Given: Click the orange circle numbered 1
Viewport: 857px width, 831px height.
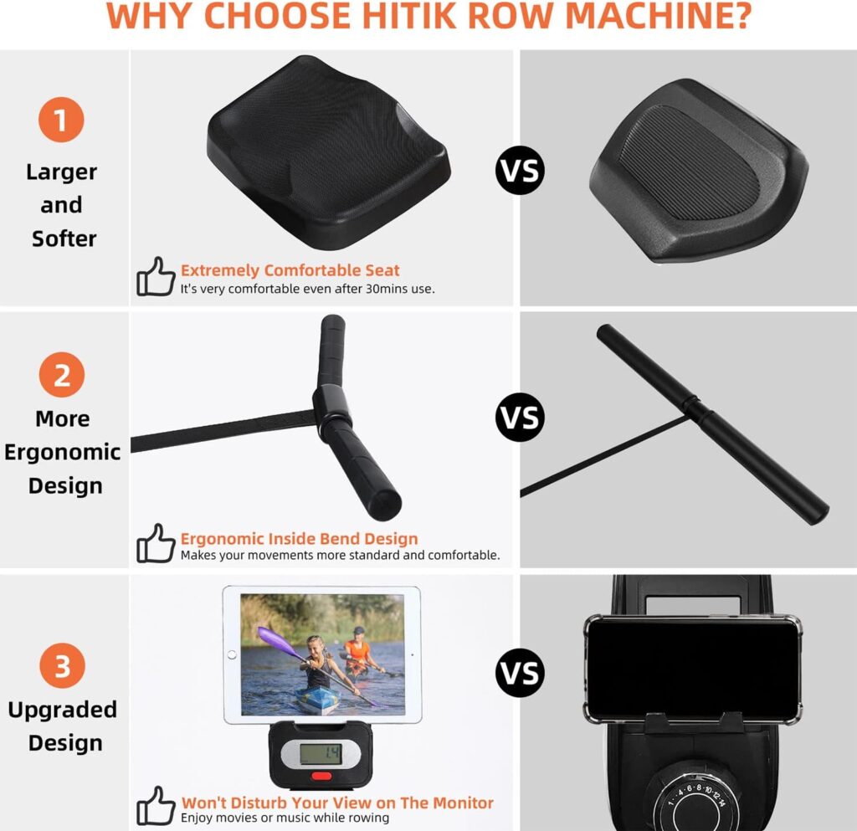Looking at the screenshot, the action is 61,120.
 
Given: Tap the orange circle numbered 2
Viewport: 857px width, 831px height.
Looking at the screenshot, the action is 62,375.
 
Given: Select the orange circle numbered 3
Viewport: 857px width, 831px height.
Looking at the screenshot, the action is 62,665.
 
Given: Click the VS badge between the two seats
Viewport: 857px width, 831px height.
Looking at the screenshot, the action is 521,170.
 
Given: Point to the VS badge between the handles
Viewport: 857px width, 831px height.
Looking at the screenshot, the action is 521,418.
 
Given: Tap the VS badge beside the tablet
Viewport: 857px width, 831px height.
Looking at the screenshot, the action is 521,673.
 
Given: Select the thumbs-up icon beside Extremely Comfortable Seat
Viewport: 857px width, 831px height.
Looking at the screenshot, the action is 156,276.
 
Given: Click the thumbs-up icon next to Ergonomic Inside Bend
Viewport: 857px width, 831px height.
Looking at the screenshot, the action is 156,543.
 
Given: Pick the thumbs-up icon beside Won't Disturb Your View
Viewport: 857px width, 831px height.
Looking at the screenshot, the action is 156,805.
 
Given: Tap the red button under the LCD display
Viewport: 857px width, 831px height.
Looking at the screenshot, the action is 321,776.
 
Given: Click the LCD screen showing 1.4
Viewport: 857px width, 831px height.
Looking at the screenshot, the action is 321,754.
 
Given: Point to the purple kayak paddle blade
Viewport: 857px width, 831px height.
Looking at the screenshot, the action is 275,639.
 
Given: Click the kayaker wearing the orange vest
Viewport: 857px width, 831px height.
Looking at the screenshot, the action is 358,653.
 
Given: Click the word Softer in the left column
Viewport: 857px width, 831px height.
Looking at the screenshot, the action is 64,239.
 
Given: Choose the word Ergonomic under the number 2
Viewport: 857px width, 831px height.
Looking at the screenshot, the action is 62,453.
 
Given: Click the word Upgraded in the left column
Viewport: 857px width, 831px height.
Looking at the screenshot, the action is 62,710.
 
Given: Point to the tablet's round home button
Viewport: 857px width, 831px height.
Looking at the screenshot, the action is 232,654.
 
